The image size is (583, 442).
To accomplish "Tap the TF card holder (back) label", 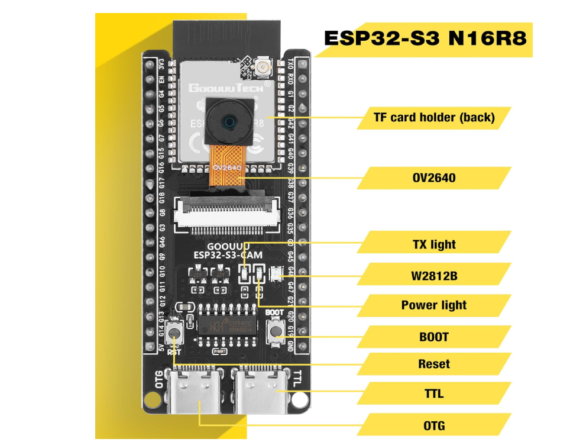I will point(434,117).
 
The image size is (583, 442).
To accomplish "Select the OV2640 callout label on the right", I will point(434,178).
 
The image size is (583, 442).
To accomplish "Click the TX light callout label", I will point(434,244).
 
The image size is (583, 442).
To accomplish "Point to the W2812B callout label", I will point(434,275).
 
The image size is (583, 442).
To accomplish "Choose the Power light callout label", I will point(434,305).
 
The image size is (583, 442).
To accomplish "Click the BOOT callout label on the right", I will point(434,337).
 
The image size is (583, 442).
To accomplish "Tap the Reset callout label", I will point(434,364).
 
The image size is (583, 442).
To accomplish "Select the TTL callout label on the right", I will point(434,393).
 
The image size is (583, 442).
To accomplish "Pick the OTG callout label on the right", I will point(434,425).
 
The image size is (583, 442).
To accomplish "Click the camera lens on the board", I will point(228,121).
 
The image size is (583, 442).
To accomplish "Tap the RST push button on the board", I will point(175,334).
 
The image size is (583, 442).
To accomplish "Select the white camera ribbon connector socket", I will point(226,215).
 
